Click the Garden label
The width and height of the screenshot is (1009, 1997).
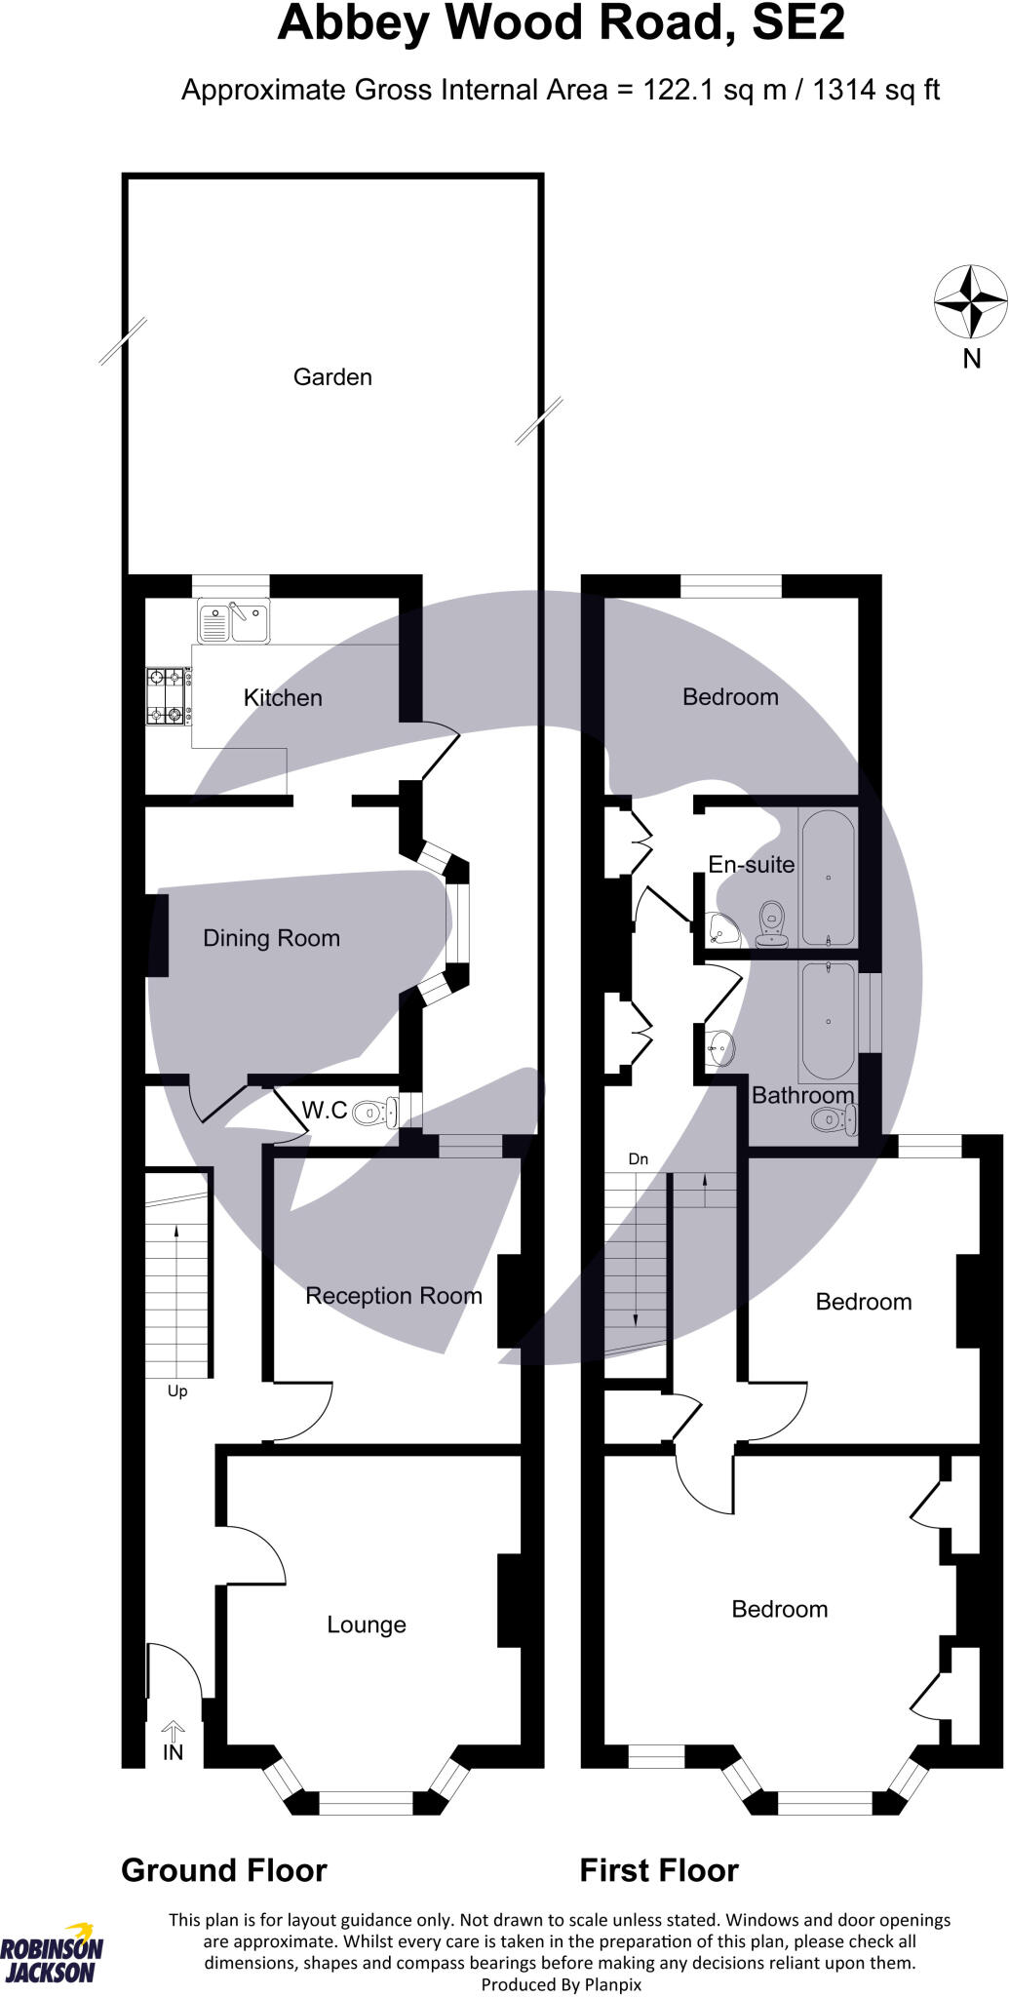332,377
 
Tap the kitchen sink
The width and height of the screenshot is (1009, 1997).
234,621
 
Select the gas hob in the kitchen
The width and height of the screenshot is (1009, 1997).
167,695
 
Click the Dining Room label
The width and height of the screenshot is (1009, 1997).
271,938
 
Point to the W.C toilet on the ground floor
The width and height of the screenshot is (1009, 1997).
375,1112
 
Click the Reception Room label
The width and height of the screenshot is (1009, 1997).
394,1296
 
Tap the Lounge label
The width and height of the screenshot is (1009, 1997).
367,1625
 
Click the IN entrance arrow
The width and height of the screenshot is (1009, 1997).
173,1742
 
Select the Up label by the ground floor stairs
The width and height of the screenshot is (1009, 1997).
177,1390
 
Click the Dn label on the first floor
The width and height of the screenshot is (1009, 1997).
639,1159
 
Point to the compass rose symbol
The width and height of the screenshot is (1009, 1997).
970,301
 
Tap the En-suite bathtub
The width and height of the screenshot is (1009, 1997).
828,877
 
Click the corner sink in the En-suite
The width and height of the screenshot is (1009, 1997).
723,930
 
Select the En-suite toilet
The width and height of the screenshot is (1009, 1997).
772,924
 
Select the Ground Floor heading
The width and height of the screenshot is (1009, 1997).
223,1870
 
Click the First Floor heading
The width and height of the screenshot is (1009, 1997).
659,1870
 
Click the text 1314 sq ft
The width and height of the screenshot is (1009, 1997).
875,91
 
